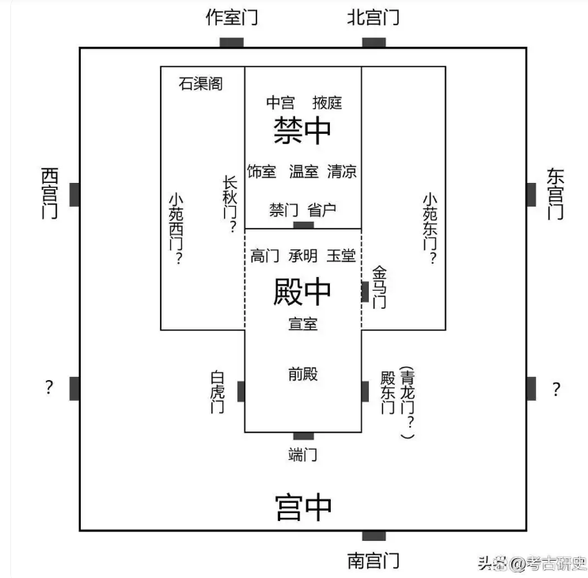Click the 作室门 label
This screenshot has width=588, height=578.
click(231, 17)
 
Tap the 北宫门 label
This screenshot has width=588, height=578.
click(373, 17)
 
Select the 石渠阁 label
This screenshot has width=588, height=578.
click(200, 83)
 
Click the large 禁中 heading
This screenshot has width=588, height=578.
click(302, 131)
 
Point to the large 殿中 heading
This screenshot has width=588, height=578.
click(302, 291)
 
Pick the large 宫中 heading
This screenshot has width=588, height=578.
click(302, 507)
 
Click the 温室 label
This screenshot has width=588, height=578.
click(303, 171)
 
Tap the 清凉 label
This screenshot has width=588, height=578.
click(342, 171)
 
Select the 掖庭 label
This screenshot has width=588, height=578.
click(327, 102)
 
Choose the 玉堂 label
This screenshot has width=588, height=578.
click(341, 256)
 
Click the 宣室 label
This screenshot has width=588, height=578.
click(303, 323)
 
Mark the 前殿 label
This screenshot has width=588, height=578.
click(303, 374)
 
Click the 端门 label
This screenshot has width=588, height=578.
click(303, 454)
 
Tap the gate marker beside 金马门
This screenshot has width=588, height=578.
click(365, 292)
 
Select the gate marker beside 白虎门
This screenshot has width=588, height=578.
click(241, 391)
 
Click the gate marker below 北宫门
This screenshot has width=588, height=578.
click(374, 43)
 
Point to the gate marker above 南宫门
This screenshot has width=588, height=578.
click(374, 536)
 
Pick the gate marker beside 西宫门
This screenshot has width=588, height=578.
click(74, 194)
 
